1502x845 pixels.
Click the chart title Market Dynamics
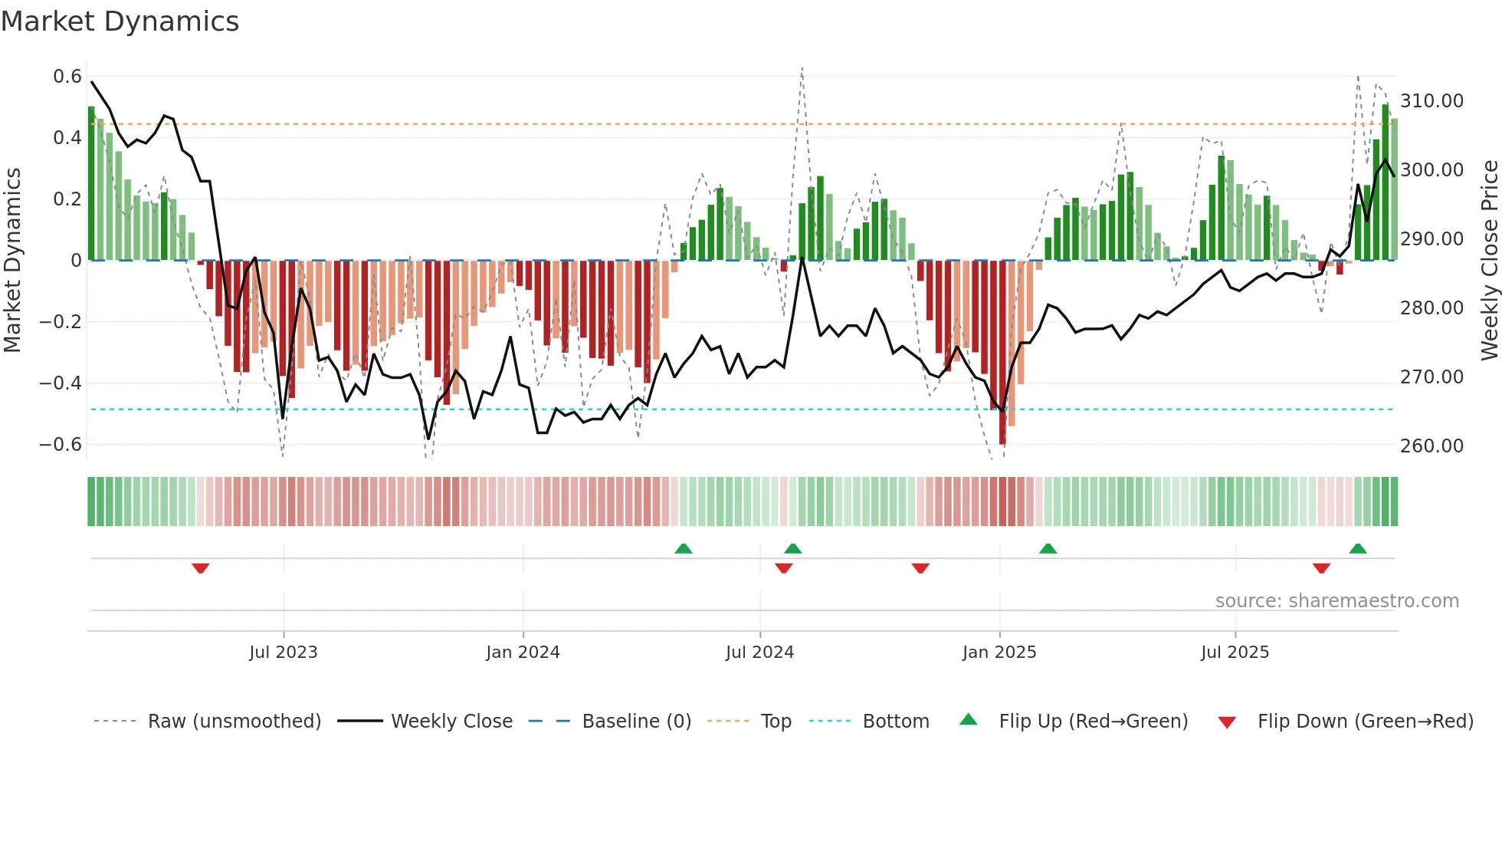coord(120,21)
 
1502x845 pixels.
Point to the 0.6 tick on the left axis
coord(67,77)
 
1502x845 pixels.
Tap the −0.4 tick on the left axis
coord(61,383)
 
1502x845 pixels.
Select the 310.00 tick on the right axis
coord(1431,101)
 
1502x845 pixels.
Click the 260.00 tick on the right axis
coord(1431,446)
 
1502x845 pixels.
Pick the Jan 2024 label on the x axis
coord(523,653)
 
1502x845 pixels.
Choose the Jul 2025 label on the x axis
coord(1235,653)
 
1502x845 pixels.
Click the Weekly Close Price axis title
coord(1489,260)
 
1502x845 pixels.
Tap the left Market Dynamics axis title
coord(12,260)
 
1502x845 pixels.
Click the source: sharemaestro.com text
coord(1336,601)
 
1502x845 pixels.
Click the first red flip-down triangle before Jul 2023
coord(201,568)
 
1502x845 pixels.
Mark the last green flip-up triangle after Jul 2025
coord(1358,548)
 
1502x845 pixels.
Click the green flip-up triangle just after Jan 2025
coord(1048,548)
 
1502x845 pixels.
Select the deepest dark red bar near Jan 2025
coord(1002,353)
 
